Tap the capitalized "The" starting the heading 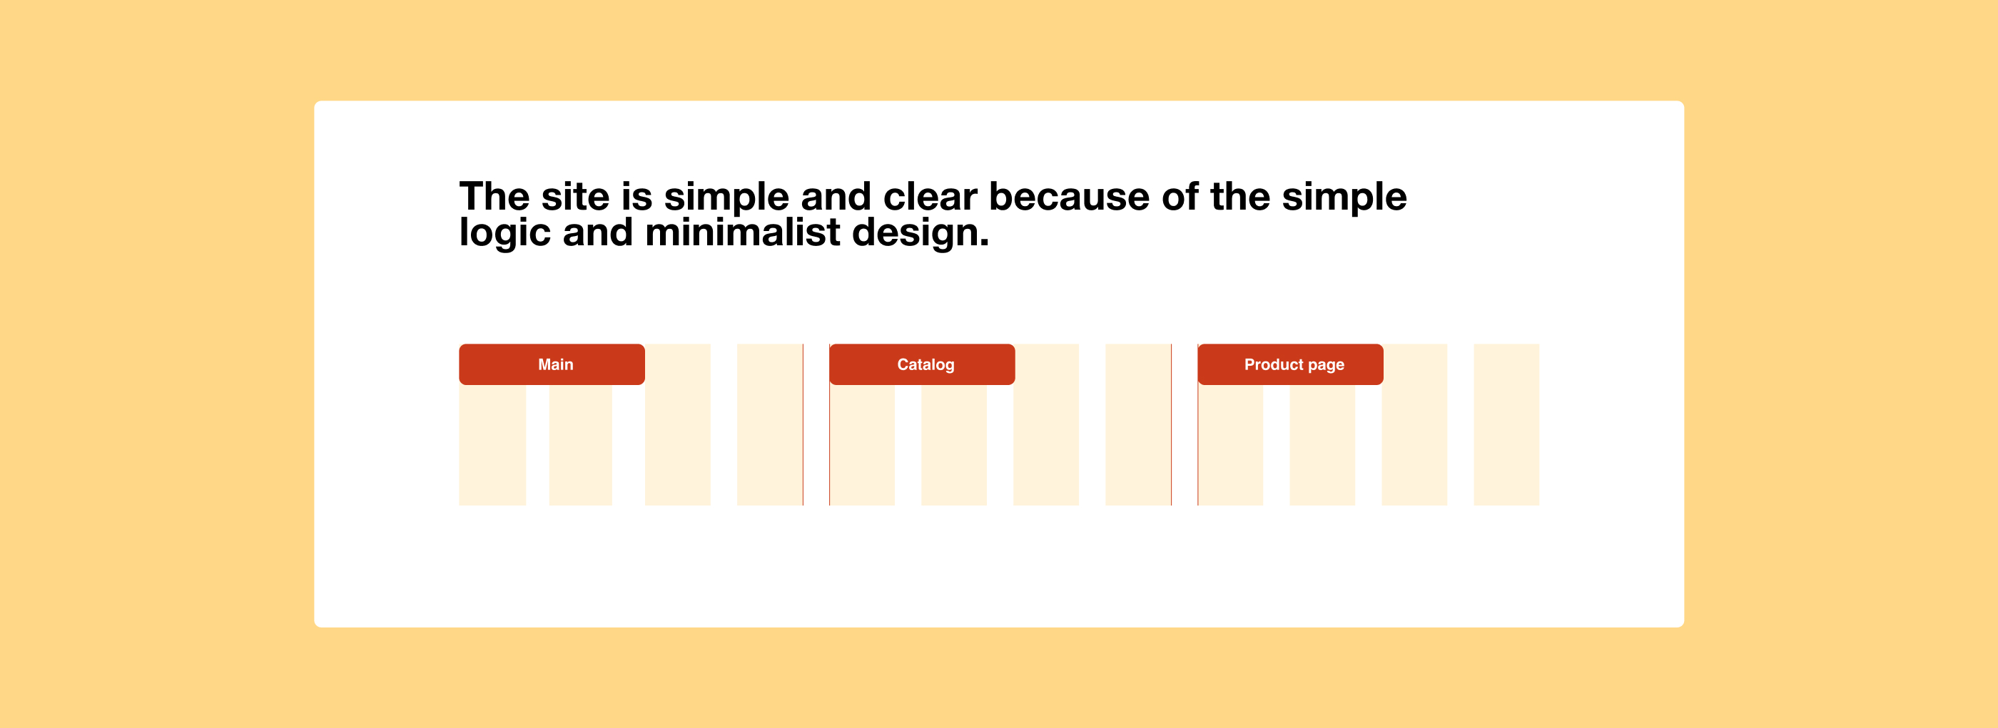coord(494,196)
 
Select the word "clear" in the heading coord(930,196)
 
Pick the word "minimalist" coord(742,232)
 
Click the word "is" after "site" coord(637,196)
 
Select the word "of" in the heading coord(1180,196)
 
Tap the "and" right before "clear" coord(836,196)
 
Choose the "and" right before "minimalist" coord(598,232)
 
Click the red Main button coord(552,364)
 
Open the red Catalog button coord(922,364)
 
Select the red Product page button coord(1291,364)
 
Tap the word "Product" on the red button coord(1274,364)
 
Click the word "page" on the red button coord(1327,366)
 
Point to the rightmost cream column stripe coord(1506,425)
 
